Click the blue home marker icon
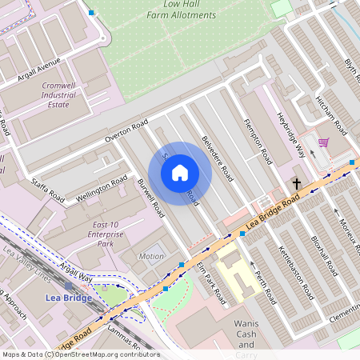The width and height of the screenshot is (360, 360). pos(180,173)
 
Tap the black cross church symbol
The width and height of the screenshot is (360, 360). pos(296,184)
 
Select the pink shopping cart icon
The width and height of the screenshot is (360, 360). pos(323,142)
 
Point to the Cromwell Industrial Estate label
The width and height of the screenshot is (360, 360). pos(58,94)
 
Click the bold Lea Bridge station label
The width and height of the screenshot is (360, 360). pos(68,298)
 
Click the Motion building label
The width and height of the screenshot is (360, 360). pos(151,257)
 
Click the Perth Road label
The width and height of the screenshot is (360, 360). pos(265,286)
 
